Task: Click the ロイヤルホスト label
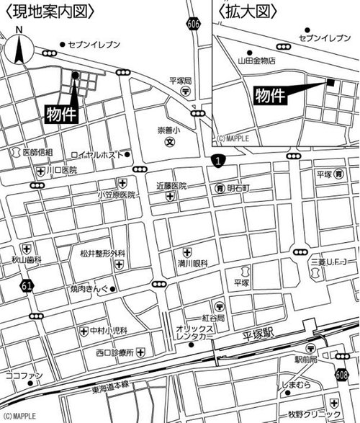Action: [x=96, y=155]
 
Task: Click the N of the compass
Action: [x=19, y=30]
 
